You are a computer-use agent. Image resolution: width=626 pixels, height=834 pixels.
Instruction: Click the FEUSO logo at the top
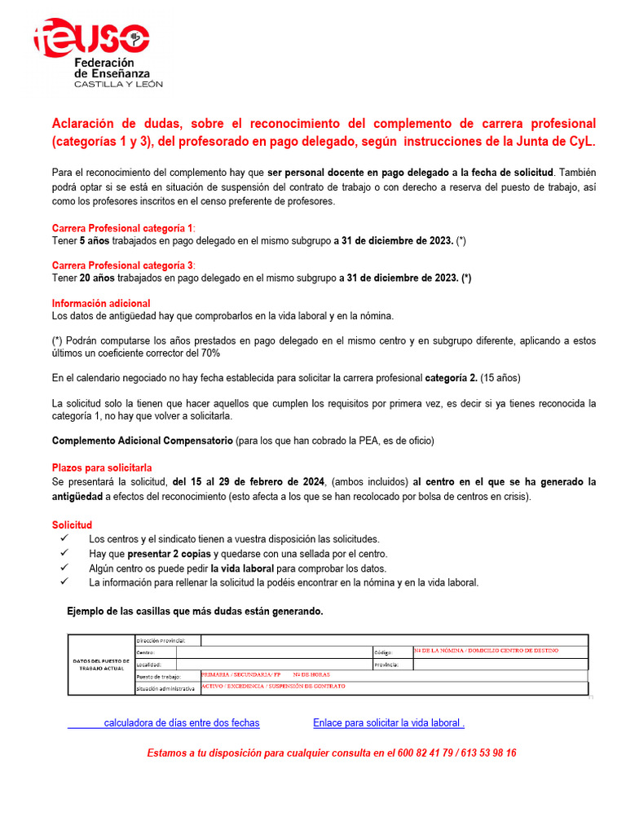point(91,39)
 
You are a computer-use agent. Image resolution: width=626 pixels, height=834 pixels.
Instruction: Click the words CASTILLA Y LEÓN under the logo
point(118,84)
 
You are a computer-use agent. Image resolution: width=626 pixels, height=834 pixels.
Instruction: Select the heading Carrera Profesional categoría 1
point(123,228)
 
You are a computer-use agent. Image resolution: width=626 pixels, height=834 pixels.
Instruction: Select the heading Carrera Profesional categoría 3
point(123,266)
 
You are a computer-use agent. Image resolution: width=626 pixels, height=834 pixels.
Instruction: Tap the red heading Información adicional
point(101,303)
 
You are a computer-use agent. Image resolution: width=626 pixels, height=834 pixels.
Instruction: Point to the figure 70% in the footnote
point(208,353)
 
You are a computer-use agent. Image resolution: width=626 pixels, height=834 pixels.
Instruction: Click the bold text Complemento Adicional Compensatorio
point(142,441)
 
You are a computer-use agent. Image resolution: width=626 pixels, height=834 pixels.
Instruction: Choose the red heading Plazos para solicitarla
point(102,468)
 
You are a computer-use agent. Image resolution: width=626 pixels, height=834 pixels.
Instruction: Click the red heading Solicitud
point(73,525)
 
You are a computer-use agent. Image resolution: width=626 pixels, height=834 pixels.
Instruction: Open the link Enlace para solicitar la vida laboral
point(388,723)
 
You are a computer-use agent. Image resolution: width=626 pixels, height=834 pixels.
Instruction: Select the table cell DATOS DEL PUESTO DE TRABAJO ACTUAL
point(101,665)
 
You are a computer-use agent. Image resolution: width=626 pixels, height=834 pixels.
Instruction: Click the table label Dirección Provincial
point(161,640)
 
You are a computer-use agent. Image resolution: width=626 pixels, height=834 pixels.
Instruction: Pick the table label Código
point(383,652)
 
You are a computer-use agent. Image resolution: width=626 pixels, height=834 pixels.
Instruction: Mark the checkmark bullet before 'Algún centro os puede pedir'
point(64,568)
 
